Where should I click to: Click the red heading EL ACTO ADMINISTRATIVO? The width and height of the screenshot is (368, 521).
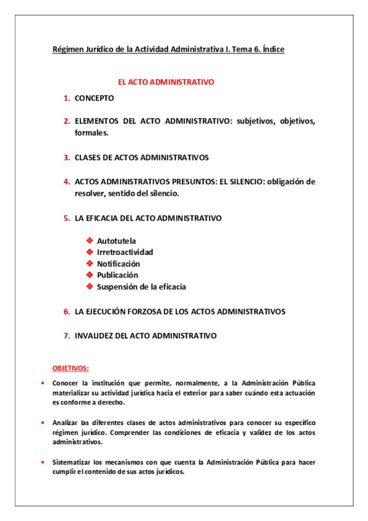tap(166, 81)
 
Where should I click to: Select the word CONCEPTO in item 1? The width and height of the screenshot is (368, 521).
tap(94, 98)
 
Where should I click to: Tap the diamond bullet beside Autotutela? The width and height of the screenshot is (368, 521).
tap(90, 240)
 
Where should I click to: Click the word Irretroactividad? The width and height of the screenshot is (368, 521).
tap(125, 252)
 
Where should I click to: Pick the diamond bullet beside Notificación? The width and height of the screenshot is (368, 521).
tap(90, 264)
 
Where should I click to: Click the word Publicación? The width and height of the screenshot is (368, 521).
tap(117, 275)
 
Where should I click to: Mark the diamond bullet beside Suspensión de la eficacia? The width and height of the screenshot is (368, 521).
tap(90, 286)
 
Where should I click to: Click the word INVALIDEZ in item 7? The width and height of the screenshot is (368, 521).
tap(95, 335)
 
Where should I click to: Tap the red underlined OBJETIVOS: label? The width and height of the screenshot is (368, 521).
tap(70, 368)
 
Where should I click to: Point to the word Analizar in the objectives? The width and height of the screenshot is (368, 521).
tap(66, 423)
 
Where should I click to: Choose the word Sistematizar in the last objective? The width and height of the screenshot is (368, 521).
tap(73, 462)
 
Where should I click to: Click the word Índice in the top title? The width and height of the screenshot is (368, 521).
tap(270, 50)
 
